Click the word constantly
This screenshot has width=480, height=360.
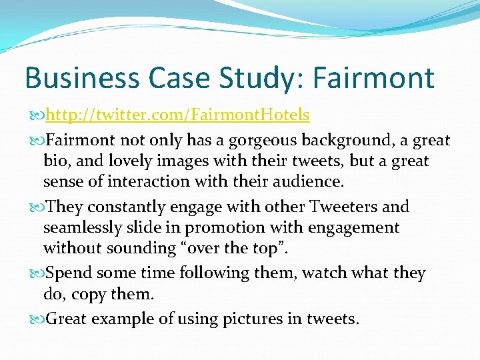(119, 207)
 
